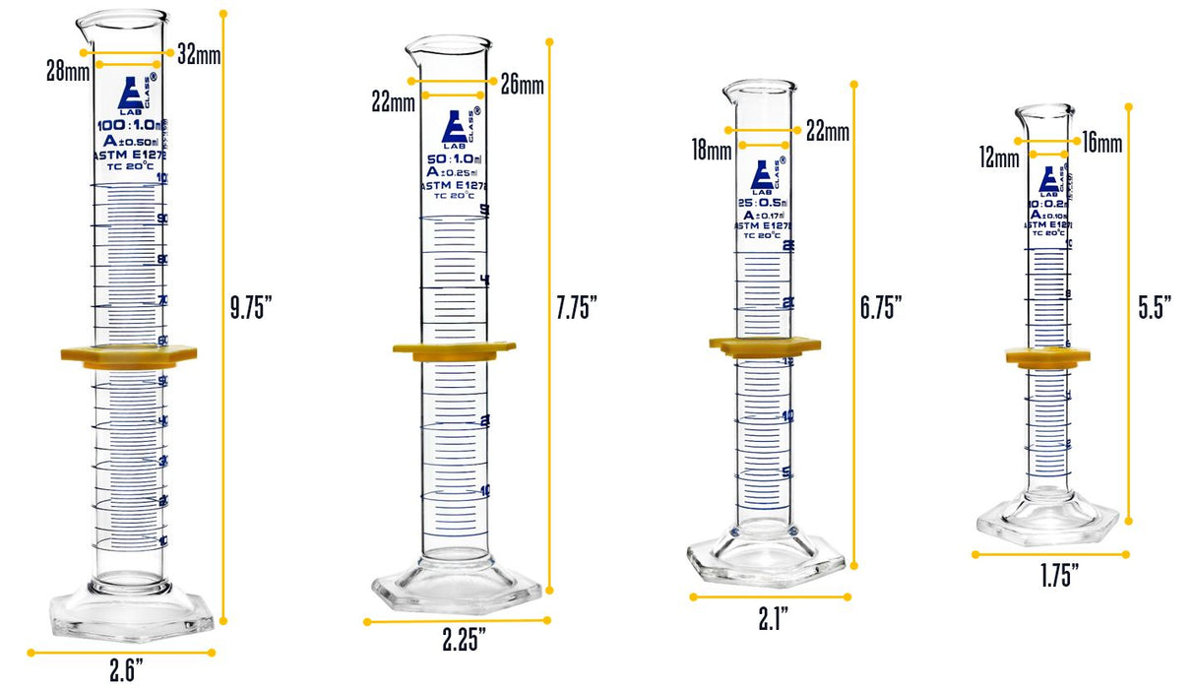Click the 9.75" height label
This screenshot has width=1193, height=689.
tap(251, 307)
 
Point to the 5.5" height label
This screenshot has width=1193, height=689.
tap(1155, 307)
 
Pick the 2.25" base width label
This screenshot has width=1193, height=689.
tap(464, 640)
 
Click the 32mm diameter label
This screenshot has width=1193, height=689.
tap(199, 55)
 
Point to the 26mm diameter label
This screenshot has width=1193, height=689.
tap(522, 84)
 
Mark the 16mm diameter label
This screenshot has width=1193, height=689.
tap(1100, 145)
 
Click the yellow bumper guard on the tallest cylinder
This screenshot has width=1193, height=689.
tap(130, 355)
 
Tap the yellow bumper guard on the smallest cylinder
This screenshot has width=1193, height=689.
tap(1047, 357)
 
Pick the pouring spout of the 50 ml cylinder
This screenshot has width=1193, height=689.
tap(415, 47)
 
